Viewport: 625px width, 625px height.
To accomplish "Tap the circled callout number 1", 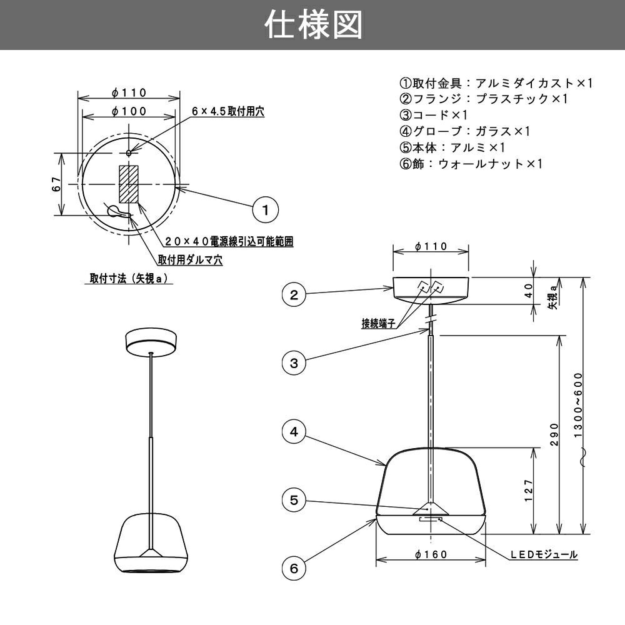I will click(x=265, y=209).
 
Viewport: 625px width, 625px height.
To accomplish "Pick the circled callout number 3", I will click(x=294, y=362).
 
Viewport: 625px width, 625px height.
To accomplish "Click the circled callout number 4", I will click(x=294, y=431).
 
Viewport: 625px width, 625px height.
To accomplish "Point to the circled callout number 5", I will click(x=294, y=500).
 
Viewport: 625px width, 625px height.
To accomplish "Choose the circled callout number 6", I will click(x=294, y=568).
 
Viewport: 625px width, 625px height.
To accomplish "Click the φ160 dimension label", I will click(x=431, y=553).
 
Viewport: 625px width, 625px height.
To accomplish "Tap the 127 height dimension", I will click(x=529, y=491).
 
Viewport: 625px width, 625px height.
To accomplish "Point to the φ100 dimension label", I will click(x=129, y=111).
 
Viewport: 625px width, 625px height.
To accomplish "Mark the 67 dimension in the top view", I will click(x=56, y=184).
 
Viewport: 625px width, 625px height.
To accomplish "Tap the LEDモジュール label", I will click(x=542, y=554).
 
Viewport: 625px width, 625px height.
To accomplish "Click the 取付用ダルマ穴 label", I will click(x=190, y=259).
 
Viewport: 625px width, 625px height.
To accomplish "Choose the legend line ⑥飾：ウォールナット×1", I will click(x=471, y=164).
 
